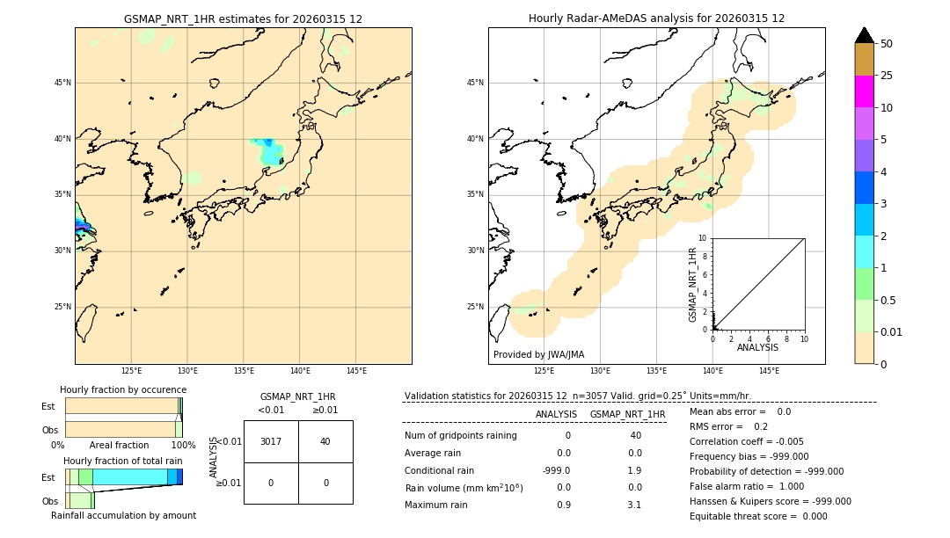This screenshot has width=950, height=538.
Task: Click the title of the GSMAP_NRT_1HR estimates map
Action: coord(243,18)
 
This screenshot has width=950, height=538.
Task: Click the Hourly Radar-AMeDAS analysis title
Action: coord(656,18)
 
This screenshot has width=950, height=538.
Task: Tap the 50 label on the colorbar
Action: coord(887,44)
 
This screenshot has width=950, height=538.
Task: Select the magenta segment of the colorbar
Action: coord(865,91)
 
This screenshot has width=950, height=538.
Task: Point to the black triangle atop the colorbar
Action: coord(865,35)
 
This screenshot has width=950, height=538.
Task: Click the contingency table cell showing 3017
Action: coord(271,441)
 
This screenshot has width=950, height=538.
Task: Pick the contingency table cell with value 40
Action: coord(325,441)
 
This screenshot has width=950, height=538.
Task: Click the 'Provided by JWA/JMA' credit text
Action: coord(538,355)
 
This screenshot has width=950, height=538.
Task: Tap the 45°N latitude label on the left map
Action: coord(62,83)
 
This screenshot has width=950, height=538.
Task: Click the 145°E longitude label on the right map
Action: coord(769,371)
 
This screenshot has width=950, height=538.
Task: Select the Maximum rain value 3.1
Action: coord(634,505)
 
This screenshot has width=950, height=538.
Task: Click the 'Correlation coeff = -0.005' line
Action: coord(747,441)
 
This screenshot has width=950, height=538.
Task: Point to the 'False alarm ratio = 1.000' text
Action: coord(747,486)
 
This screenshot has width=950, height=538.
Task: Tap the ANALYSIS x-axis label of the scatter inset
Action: coord(757,347)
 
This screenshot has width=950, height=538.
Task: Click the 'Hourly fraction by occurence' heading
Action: coord(123,389)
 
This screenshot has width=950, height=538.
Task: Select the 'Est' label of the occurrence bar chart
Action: coord(47,406)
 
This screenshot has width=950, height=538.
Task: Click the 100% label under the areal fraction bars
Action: coord(183,445)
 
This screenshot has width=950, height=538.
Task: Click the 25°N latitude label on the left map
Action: coord(62,307)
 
